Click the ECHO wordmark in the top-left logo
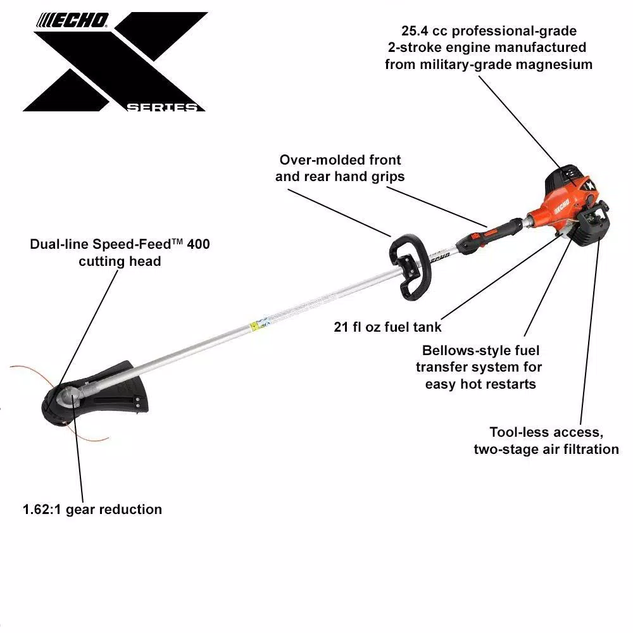[x=73, y=20]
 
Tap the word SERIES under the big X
[x=162, y=108]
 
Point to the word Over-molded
[x=314, y=160]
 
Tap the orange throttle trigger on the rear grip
[x=491, y=232]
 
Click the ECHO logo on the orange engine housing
[x=561, y=206]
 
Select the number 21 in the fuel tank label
[x=341, y=327]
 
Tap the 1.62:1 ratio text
[x=42, y=510]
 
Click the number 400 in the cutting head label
[x=198, y=244]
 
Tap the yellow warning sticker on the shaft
[x=254, y=325]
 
